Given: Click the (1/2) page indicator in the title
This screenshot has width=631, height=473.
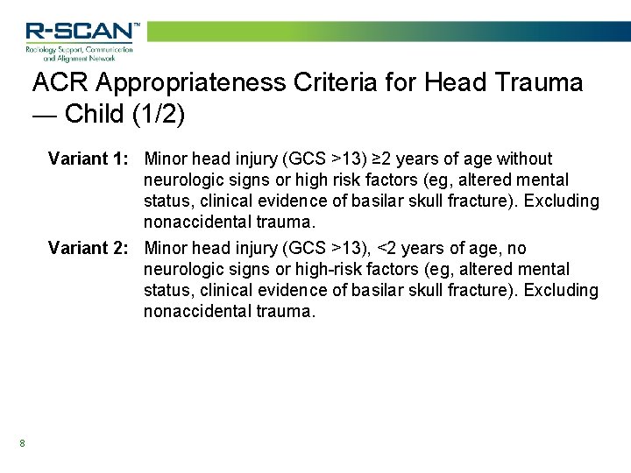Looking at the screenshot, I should pyautogui.click(x=161, y=115).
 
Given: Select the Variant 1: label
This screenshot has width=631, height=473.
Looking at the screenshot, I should pyautogui.click(x=89, y=159).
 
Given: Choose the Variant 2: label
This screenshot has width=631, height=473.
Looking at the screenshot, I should pyautogui.click(x=89, y=249).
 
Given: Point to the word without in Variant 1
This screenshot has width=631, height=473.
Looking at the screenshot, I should pyautogui.click(x=524, y=159).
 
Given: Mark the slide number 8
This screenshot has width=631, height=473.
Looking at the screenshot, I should pyautogui.click(x=22, y=443).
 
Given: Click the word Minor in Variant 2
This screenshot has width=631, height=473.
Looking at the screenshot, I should pyautogui.click(x=166, y=249).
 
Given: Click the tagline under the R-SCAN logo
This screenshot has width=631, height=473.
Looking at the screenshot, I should pyautogui.click(x=79, y=53).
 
